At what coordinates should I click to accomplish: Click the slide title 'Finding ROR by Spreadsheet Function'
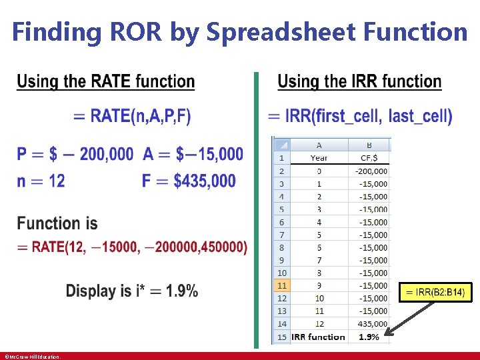tap(240, 31)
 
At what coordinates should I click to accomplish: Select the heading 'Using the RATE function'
tap(106, 82)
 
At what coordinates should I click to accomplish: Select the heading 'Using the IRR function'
tap(359, 82)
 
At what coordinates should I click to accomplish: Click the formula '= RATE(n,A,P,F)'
tap(132, 116)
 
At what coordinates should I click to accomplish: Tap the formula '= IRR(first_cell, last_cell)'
tap(360, 116)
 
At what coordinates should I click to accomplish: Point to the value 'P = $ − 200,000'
tap(75, 155)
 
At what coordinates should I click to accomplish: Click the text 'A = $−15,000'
tap(193, 155)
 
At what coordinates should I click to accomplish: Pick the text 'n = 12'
tap(41, 181)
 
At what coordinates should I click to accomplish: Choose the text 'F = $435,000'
tap(189, 181)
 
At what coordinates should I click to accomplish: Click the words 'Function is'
tap(57, 223)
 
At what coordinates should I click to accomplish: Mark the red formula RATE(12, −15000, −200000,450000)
tap(132, 247)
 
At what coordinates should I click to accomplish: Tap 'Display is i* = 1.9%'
tap(132, 291)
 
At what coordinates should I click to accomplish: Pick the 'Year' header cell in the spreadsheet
tap(319, 158)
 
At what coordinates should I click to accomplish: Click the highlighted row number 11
tap(281, 285)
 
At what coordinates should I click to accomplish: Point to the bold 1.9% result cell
tap(369, 337)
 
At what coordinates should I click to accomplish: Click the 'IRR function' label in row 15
tap(319, 337)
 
